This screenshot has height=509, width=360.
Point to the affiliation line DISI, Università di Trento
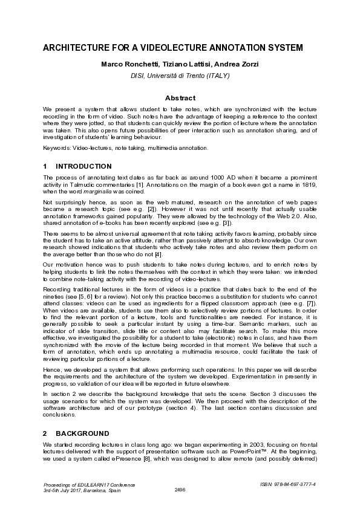pos(180,76)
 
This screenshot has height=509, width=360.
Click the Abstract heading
pos(180,98)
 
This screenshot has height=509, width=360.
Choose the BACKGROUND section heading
pos(82,433)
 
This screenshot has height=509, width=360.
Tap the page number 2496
pos(180,489)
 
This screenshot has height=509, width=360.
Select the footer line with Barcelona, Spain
pos(82,490)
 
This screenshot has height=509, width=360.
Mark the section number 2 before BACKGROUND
pos(45,433)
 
